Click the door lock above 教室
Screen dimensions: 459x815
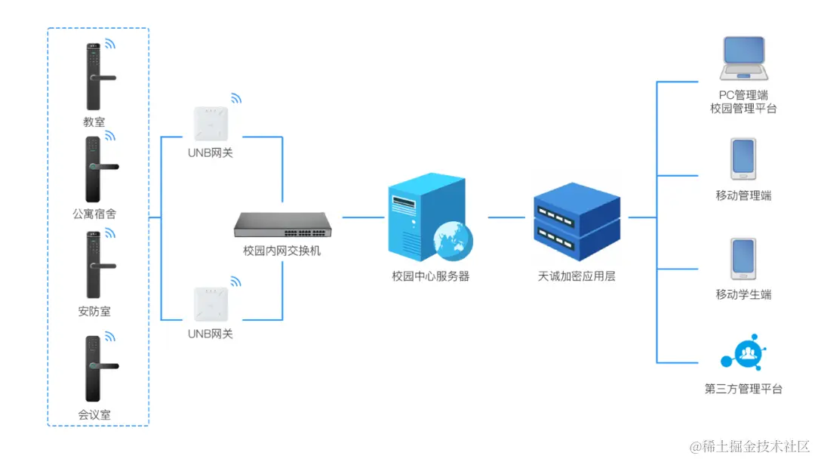coord(94,77)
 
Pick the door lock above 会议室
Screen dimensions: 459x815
coord(94,368)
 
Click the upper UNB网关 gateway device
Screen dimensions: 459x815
coord(211,123)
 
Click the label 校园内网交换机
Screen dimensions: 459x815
coord(281,251)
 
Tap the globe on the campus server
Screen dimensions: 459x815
coord(453,239)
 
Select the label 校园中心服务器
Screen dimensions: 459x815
coord(430,276)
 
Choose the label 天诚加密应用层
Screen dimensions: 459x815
coord(577,276)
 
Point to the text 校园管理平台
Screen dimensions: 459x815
coord(743,109)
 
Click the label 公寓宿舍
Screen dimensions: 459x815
coord(94,214)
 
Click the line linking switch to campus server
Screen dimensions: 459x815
coord(363,217)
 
